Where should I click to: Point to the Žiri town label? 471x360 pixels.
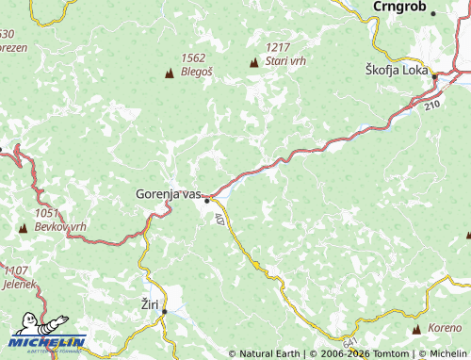(149, 307)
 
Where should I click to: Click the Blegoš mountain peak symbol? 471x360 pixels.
(171, 73)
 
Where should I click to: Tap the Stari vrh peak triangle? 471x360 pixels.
(254, 63)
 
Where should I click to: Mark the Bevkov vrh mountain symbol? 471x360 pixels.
(22, 229)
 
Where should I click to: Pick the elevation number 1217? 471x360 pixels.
(279, 47)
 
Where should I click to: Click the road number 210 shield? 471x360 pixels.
(432, 106)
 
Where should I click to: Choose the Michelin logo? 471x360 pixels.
(48, 337)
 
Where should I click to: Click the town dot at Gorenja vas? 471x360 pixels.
(207, 200)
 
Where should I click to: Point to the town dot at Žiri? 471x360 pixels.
(164, 311)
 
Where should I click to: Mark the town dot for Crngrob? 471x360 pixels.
(433, 12)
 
